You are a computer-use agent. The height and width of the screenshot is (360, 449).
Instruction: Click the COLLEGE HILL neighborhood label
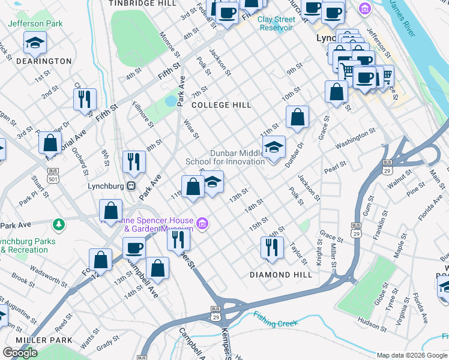pyautogui.click(x=221, y=105)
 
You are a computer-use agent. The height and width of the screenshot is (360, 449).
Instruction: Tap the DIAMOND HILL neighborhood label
pyautogui.click(x=281, y=275)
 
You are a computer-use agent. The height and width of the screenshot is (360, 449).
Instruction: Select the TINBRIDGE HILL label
pyautogui.click(x=142, y=4)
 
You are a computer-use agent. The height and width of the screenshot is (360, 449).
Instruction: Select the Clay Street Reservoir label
pyautogui.click(x=276, y=23)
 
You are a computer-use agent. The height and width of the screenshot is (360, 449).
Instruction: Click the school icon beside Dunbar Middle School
pyautogui.click(x=274, y=148)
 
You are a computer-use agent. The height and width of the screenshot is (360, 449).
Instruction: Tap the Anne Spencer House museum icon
pyautogui.click(x=203, y=224)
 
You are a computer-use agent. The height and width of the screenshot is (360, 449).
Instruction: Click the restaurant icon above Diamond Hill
pyautogui.click(x=272, y=247)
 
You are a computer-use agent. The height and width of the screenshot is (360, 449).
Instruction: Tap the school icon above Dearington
pyautogui.click(x=35, y=42)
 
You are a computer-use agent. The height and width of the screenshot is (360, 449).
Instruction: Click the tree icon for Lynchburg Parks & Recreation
pyautogui.click(x=59, y=224)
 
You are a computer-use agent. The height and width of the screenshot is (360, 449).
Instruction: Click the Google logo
pyautogui.click(x=20, y=353)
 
